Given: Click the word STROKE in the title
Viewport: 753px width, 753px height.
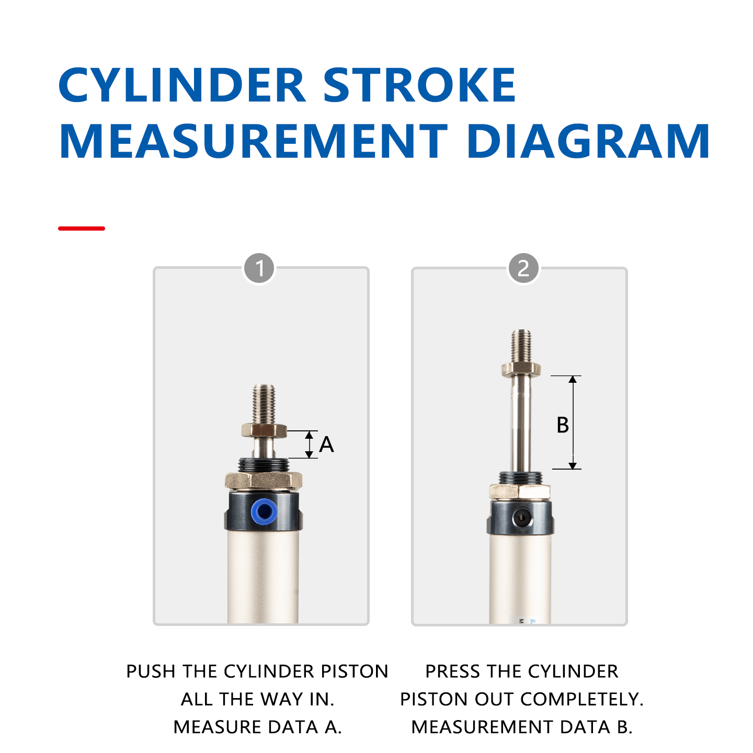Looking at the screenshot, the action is coord(419,85).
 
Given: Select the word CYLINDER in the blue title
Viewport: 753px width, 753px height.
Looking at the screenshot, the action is coord(181,85).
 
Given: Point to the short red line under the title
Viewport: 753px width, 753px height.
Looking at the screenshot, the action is coord(81,228).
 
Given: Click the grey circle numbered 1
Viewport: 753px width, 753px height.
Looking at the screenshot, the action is coord(259,268).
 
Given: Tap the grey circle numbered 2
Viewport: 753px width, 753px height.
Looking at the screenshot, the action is coord(523,268).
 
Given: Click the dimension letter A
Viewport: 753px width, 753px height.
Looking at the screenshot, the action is coord(326,444).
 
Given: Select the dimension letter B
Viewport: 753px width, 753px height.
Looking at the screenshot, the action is coord(562,425).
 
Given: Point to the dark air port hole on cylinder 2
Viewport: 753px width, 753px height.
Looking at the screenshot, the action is coord(522,519).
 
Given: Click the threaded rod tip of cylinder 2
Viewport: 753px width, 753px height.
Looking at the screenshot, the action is coord(521,346).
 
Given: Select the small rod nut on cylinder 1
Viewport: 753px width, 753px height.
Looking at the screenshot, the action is coord(264,430).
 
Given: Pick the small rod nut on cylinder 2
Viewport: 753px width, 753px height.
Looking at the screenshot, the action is coord(521,369).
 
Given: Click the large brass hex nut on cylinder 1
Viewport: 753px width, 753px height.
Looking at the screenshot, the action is coord(264,480).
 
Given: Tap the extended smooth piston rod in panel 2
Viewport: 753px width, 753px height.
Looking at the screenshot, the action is coord(521,424).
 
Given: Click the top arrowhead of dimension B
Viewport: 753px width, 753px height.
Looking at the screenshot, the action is coord(573,379).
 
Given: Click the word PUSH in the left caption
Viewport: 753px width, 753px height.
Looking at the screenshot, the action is coord(151,671).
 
